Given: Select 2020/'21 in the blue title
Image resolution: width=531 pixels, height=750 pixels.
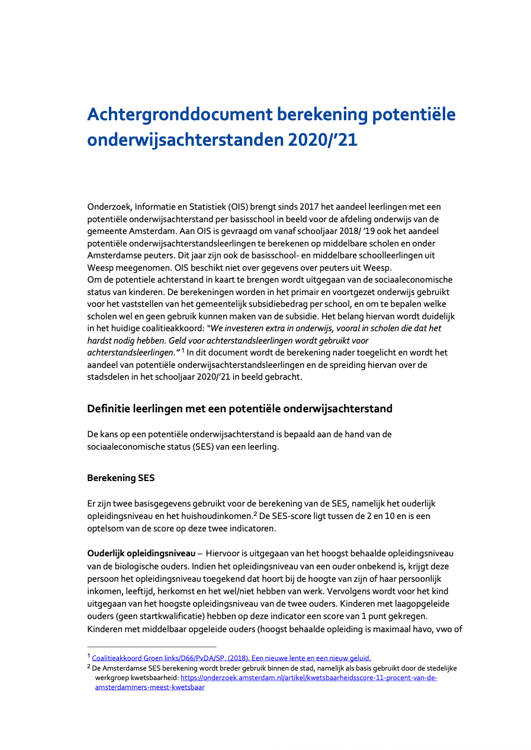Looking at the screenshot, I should point(323,140).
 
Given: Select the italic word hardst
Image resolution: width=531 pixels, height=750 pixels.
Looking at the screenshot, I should point(101,341).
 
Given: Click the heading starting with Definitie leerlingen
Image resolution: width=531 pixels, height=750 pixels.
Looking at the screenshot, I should point(240,409).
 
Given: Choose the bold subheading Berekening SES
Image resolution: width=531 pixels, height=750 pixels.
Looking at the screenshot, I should point(120,478).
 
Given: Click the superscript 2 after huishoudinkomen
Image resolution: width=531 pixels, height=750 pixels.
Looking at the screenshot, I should point(255,514).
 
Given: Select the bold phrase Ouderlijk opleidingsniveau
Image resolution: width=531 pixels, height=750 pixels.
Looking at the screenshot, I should point(141,553).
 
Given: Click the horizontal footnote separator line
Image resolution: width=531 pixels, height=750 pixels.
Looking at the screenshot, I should point(152,647).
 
